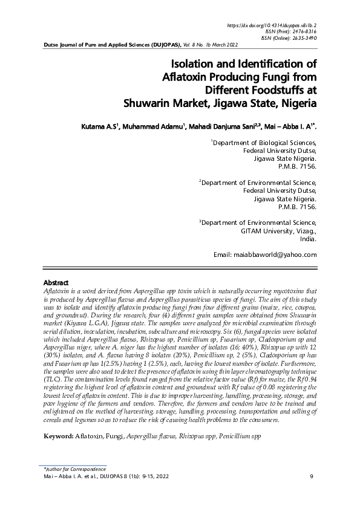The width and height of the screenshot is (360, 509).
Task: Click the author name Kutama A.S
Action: point(100,128)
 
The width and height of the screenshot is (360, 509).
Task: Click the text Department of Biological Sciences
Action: point(264,143)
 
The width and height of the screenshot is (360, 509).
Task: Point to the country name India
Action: point(308,239)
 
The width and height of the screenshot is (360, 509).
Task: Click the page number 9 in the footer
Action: point(311,477)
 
